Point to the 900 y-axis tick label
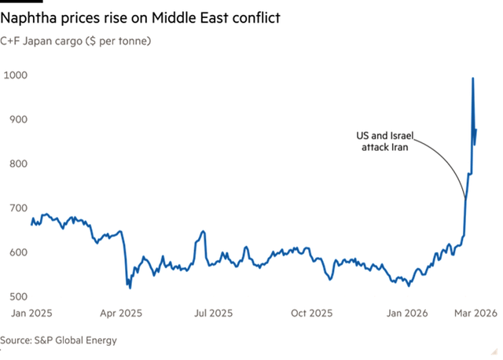(17, 119)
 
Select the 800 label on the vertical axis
(17, 163)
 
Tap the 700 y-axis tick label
(17, 208)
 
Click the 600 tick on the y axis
(17, 252)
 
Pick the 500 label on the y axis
(17, 296)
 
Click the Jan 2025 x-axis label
(31, 313)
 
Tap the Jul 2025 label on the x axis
(215, 313)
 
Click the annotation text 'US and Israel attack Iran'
(385, 141)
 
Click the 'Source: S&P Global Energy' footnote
(58, 340)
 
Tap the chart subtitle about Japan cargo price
(75, 40)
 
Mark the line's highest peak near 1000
(472, 78)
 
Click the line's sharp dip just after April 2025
(130, 288)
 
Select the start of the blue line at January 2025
(31, 224)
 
